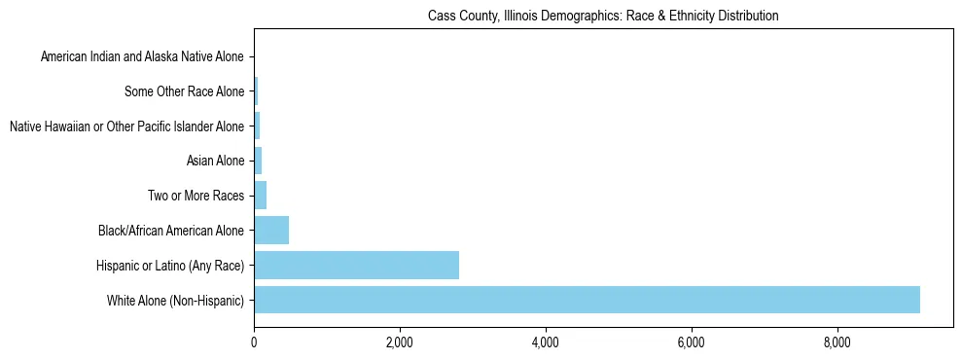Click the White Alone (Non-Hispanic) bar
[587, 300]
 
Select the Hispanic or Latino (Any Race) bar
[356, 265]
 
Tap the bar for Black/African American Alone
[271, 231]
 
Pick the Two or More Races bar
[260, 196]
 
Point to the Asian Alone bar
[258, 161]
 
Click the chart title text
[603, 17]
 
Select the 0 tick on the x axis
[254, 342]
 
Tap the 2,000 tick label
[400, 342]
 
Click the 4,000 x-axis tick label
[546, 342]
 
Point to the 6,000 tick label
[691, 342]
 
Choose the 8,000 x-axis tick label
[837, 342]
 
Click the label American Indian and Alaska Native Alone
[142, 57]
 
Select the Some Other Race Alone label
[184, 92]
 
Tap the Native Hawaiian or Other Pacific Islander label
[126, 126]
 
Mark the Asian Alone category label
[215, 162]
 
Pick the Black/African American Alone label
[170, 231]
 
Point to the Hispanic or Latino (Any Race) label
[169, 266]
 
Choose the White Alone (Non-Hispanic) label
[175, 301]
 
